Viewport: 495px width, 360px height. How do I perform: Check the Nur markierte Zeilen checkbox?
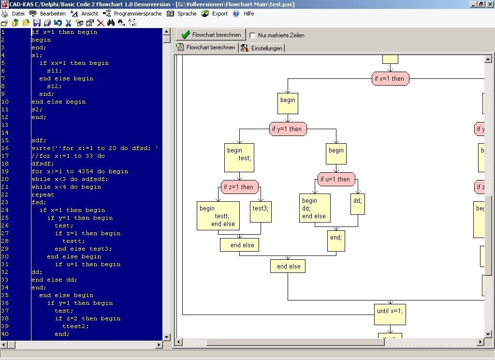252,35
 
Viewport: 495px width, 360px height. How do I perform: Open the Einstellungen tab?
262,48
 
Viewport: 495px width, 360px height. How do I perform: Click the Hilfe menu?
248,14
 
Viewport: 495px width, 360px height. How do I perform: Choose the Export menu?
219,14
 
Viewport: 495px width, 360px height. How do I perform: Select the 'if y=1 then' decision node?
288,129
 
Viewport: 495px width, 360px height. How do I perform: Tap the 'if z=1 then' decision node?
239,187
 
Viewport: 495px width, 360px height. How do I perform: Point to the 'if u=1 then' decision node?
336,180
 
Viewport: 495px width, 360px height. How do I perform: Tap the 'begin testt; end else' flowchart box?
218,216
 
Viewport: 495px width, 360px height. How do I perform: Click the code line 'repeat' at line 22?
43,195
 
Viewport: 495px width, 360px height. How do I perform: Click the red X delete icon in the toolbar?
101,23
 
